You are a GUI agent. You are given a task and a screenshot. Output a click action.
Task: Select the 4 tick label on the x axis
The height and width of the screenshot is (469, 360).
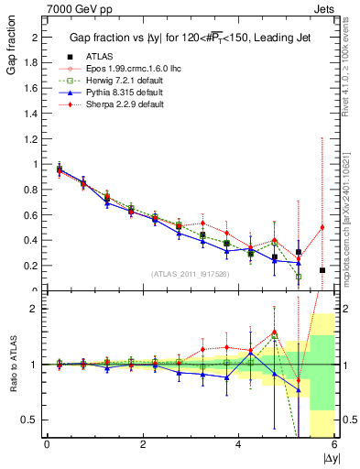[x=239, y=444]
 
